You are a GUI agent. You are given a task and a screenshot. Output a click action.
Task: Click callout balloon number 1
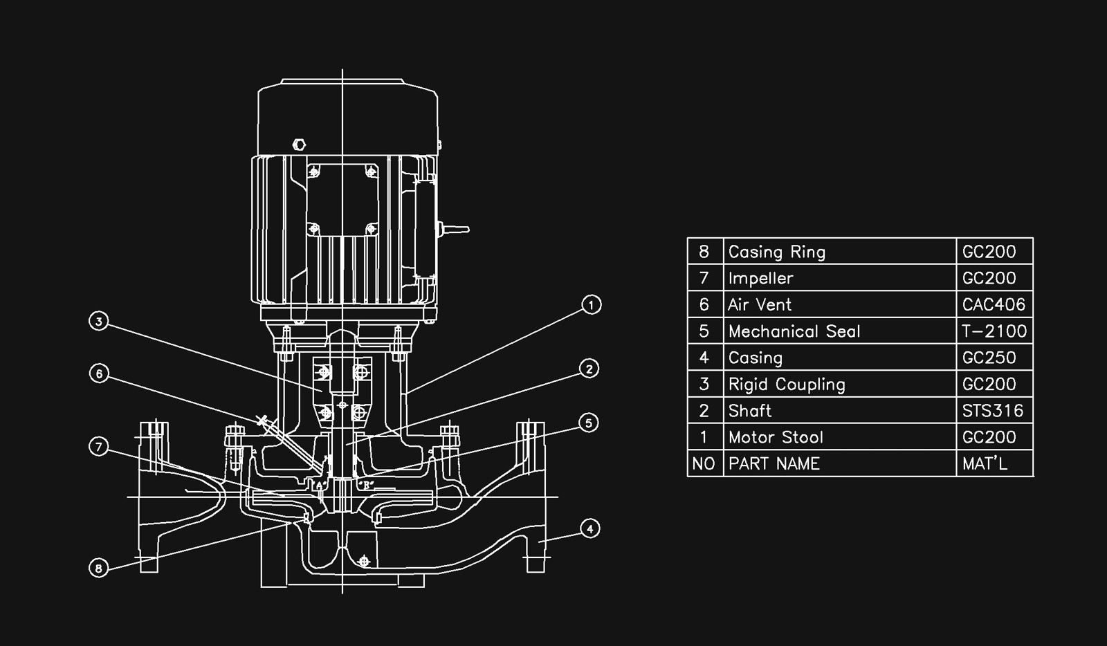click(591, 304)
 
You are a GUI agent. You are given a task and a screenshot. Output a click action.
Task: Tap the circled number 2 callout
click(589, 369)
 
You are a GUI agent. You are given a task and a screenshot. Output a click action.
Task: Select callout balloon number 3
click(100, 322)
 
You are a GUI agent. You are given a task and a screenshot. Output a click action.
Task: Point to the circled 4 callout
click(589, 529)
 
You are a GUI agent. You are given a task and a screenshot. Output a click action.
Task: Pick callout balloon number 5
click(588, 423)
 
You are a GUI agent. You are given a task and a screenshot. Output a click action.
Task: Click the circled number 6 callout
click(100, 373)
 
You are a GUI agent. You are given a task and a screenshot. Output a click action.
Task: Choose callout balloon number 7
click(99, 447)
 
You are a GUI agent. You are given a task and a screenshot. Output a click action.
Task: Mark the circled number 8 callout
click(99, 569)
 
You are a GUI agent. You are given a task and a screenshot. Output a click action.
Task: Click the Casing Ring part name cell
click(776, 252)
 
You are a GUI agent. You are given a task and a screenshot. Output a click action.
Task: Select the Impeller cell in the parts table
click(760, 278)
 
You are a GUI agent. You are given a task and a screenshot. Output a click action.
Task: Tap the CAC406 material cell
click(994, 304)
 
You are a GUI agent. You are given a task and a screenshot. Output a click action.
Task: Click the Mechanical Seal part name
click(794, 331)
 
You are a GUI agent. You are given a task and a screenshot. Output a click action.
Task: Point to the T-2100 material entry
click(994, 331)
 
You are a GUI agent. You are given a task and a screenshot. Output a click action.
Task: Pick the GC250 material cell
click(989, 358)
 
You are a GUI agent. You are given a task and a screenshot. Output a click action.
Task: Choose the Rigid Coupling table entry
click(786, 384)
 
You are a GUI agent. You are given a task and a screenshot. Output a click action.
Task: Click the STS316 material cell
click(992, 411)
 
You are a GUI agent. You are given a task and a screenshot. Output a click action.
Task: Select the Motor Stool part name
click(776, 437)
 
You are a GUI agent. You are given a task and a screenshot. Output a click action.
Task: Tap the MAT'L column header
click(985, 463)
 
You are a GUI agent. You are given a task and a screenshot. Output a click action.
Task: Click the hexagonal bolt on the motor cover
click(300, 145)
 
